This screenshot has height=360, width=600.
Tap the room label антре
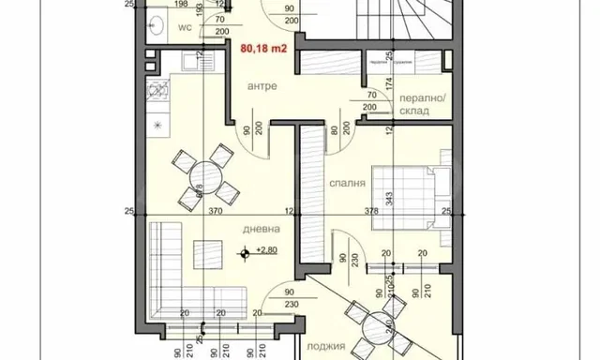262,86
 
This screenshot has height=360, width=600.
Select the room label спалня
347,185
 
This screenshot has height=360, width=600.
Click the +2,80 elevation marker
266,251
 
